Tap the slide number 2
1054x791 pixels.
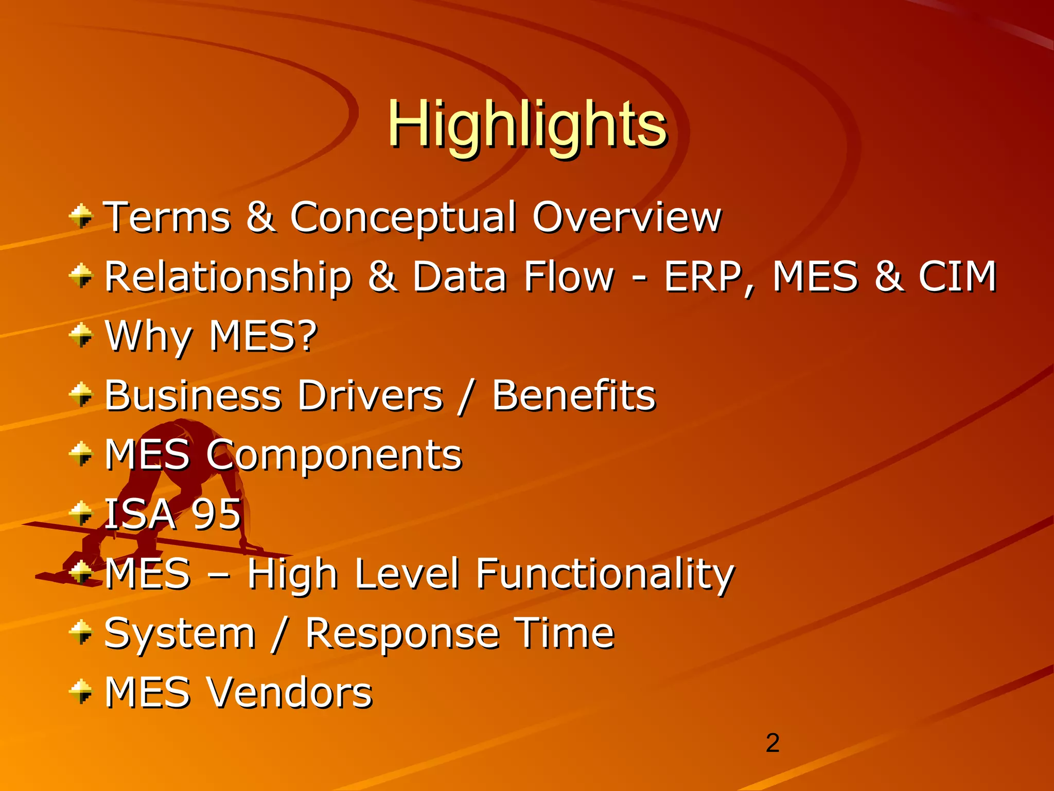tap(772, 743)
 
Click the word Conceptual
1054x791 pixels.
tap(403, 217)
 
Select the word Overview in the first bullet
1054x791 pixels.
tap(626, 217)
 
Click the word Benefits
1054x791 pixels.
tap(574, 395)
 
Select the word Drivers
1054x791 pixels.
tap(370, 395)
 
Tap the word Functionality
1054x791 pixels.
tap(605, 574)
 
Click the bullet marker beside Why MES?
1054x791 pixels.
tap(81, 335)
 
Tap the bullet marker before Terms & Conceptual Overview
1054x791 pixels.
tap(81, 216)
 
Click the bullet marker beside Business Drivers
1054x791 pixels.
tap(81, 395)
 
